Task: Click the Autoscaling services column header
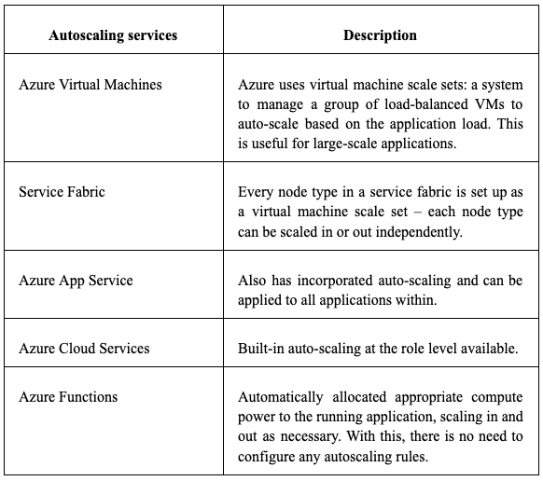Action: click(x=113, y=35)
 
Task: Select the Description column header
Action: click(x=380, y=35)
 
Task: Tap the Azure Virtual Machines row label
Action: click(x=90, y=85)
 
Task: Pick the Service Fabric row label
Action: click(x=62, y=192)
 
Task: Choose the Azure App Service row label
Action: click(x=76, y=281)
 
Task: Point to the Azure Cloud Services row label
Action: click(x=84, y=349)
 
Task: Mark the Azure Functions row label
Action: click(x=68, y=397)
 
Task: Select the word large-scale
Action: click(x=345, y=144)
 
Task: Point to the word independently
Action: click(x=419, y=232)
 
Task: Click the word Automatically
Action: click(x=281, y=397)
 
